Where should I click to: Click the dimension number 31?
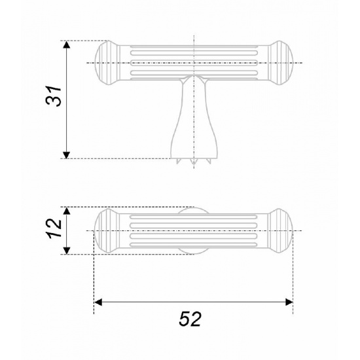pos(54,96)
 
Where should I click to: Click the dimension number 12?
pos(54,228)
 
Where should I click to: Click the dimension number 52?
pos(190,319)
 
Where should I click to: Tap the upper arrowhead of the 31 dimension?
pos(66,45)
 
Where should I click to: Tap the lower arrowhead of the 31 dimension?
pos(66,155)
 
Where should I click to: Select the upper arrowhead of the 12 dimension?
pos(66,211)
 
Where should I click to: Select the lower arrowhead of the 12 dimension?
pos(66,251)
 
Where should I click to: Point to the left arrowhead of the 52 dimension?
pos(98,302)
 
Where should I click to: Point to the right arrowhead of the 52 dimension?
pos(289,302)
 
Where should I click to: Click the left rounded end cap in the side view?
pos(107,63)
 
